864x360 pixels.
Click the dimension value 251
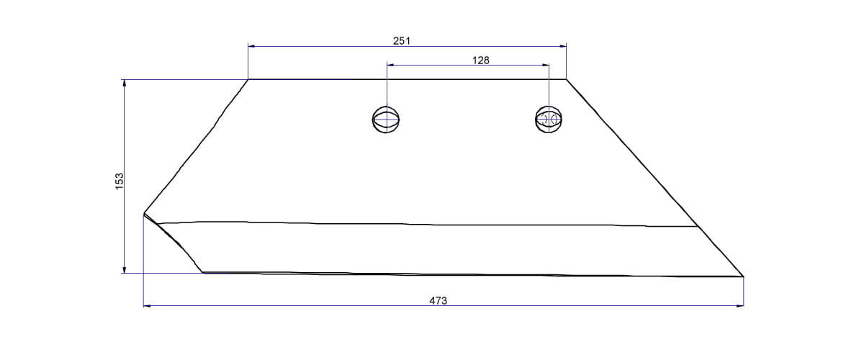pyautogui.click(x=402, y=41)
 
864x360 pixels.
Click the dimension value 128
pyautogui.click(x=481, y=60)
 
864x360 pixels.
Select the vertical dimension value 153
pyautogui.click(x=120, y=180)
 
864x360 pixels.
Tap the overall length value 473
pyautogui.click(x=438, y=300)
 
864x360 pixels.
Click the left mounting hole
pyautogui.click(x=386, y=119)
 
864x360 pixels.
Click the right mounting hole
pyautogui.click(x=549, y=119)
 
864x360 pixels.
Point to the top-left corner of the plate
pyautogui.click(x=248, y=79)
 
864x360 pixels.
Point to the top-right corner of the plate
pyautogui.click(x=566, y=79)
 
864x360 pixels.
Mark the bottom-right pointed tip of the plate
pyautogui.click(x=743, y=276)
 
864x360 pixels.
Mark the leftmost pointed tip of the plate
pyautogui.click(x=144, y=213)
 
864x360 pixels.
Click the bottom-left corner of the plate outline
pyautogui.click(x=203, y=272)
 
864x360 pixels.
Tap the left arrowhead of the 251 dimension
pyautogui.click(x=251, y=46)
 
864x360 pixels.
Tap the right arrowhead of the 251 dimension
pyautogui.click(x=563, y=46)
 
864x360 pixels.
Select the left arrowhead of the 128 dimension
pyautogui.click(x=390, y=66)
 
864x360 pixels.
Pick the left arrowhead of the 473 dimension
pyautogui.click(x=147, y=306)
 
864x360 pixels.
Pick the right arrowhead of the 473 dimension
pyautogui.click(x=740, y=306)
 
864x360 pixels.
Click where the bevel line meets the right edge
pyautogui.click(x=699, y=227)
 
